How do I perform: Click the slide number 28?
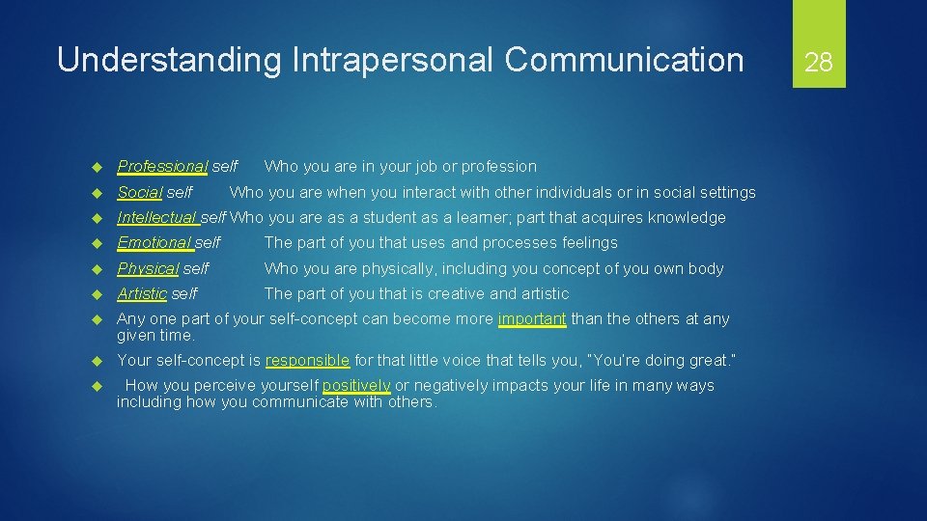coord(819,63)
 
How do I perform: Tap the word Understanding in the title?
coord(166,60)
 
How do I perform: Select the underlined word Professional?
coord(162,167)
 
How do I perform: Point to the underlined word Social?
coord(140,192)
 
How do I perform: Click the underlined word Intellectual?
coord(157,217)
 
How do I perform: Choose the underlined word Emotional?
coord(154,242)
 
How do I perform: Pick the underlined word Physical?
coord(148,268)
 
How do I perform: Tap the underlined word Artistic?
coord(142,293)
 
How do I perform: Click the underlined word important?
coord(532,318)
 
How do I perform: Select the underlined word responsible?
coord(307,360)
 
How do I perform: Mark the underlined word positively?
coord(356,385)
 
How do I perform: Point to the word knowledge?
coord(687,217)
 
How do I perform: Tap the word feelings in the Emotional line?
coord(586,242)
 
